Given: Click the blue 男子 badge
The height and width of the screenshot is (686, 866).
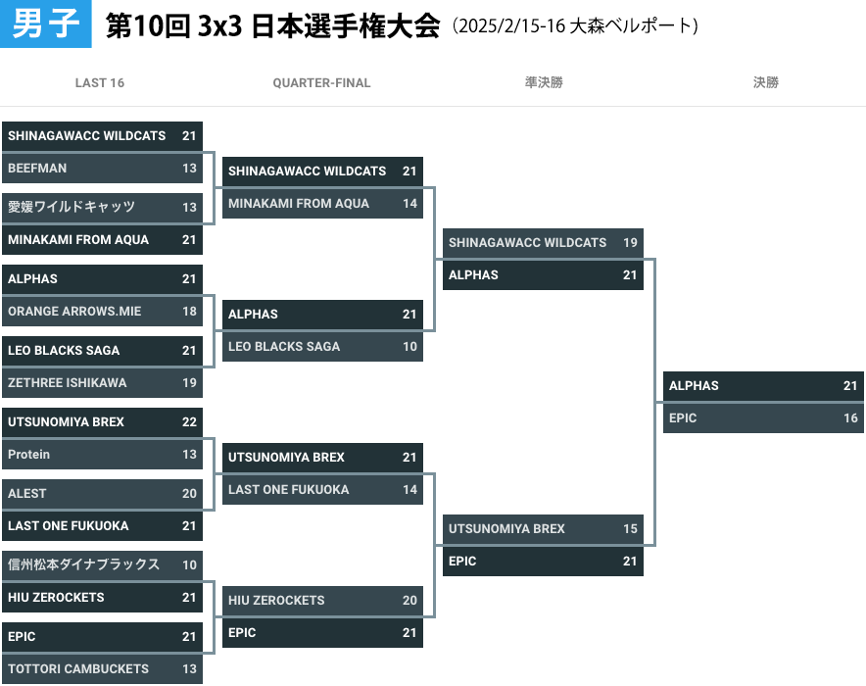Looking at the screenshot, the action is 45,24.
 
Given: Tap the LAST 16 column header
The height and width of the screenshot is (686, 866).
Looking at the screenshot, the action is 100,83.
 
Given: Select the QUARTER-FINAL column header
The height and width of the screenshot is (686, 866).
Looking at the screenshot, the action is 321,83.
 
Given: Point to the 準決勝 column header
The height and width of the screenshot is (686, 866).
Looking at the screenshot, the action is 544,83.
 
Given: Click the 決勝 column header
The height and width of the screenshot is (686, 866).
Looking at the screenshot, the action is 765,83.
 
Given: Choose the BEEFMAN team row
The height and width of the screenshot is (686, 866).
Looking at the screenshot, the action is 102,168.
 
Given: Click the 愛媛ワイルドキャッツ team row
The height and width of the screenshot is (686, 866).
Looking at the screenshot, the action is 102,207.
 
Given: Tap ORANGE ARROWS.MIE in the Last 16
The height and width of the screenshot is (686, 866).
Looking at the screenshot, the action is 102,312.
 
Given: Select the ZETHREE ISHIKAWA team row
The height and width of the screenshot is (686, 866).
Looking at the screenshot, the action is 102,383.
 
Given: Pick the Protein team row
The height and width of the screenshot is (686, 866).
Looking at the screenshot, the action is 102,455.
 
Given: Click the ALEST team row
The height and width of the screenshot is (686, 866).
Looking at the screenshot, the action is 102,493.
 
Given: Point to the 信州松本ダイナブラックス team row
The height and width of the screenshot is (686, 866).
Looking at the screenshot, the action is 102,564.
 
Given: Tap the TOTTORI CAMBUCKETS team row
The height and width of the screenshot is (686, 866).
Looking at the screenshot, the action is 102,669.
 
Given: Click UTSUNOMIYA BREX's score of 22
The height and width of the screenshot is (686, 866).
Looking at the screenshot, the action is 189,422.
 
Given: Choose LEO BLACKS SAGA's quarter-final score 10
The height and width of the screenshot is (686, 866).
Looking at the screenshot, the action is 409,347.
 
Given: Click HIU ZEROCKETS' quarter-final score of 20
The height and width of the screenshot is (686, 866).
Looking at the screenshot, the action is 409,601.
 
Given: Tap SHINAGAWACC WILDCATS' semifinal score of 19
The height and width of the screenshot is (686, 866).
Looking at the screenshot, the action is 630,242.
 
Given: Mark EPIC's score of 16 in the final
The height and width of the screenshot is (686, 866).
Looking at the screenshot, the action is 850,418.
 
